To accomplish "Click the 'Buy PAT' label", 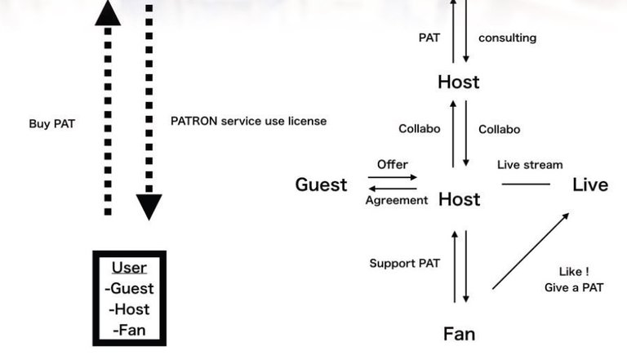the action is tap(52, 123).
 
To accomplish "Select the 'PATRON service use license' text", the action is tap(248, 121).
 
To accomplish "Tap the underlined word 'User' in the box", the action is tap(129, 268).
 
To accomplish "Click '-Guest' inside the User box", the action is tap(129, 288).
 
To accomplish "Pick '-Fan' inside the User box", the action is tap(129, 330).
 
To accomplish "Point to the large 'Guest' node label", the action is tap(321, 184).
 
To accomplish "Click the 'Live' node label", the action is tap(590, 184).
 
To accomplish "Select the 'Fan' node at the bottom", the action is tap(459, 334).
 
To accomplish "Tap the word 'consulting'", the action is tap(508, 38).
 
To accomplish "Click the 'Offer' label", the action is tap(392, 164).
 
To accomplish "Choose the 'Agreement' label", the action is tap(397, 200).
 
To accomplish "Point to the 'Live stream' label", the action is tap(530, 165).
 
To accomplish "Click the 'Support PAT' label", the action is tap(405, 263).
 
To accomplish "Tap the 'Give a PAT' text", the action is tap(574, 287).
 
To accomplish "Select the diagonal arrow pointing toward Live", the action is tap(531, 251).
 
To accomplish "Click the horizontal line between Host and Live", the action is tap(526, 184).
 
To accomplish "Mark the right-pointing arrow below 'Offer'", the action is tap(392, 177).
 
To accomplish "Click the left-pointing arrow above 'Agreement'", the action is tap(392, 189).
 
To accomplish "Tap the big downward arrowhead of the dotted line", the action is tap(149, 206).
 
